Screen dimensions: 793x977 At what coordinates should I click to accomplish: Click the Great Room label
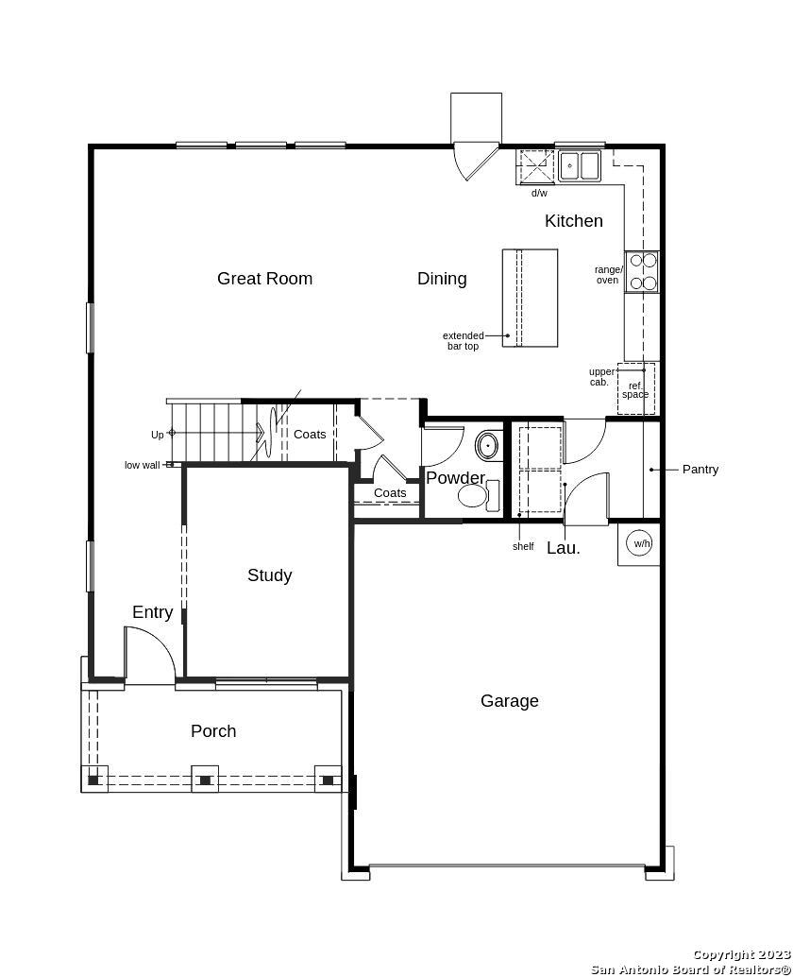point(264,279)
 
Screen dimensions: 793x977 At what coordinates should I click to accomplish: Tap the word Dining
point(442,279)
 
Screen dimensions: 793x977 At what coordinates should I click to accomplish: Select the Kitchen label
point(574,220)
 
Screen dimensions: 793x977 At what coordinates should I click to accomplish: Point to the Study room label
point(269,575)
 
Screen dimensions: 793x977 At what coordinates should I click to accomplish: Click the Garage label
point(509,701)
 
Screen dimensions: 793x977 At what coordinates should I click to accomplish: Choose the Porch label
point(213,731)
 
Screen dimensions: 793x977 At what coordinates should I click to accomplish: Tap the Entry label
point(153,612)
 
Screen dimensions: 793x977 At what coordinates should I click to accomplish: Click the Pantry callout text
point(700,470)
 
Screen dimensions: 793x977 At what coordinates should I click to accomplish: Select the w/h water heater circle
point(642,543)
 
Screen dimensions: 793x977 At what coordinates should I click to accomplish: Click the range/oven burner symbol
point(642,272)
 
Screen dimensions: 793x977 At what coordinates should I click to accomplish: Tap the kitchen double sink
point(579,165)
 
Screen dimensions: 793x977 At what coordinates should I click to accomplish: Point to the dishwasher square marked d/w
point(535,166)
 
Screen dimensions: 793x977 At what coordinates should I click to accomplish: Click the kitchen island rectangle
point(530,298)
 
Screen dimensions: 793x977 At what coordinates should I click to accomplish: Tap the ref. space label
point(635,390)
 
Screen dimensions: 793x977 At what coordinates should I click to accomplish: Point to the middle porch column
point(205,779)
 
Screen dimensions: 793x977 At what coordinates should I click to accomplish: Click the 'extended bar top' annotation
point(464,341)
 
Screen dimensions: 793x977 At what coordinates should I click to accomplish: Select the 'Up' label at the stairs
point(158,435)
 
